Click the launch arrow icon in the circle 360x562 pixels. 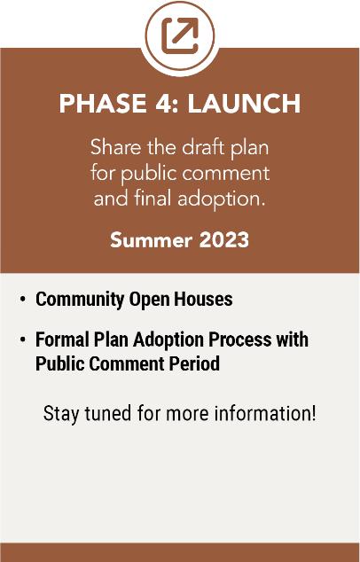pyautogui.click(x=180, y=35)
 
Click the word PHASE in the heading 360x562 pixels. pyautogui.click(x=103, y=104)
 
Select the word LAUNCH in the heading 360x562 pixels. pyautogui.click(x=244, y=104)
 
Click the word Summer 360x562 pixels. pyautogui.click(x=151, y=240)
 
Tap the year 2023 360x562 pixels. pyautogui.click(x=224, y=240)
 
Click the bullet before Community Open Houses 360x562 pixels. pyautogui.click(x=22, y=299)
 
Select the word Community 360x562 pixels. pyautogui.click(x=80, y=300)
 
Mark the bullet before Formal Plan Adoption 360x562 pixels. pyautogui.click(x=22, y=339)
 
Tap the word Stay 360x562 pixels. pyautogui.click(x=62, y=414)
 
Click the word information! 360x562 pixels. pyautogui.click(x=265, y=413)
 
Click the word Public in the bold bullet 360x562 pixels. pyautogui.click(x=60, y=363)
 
